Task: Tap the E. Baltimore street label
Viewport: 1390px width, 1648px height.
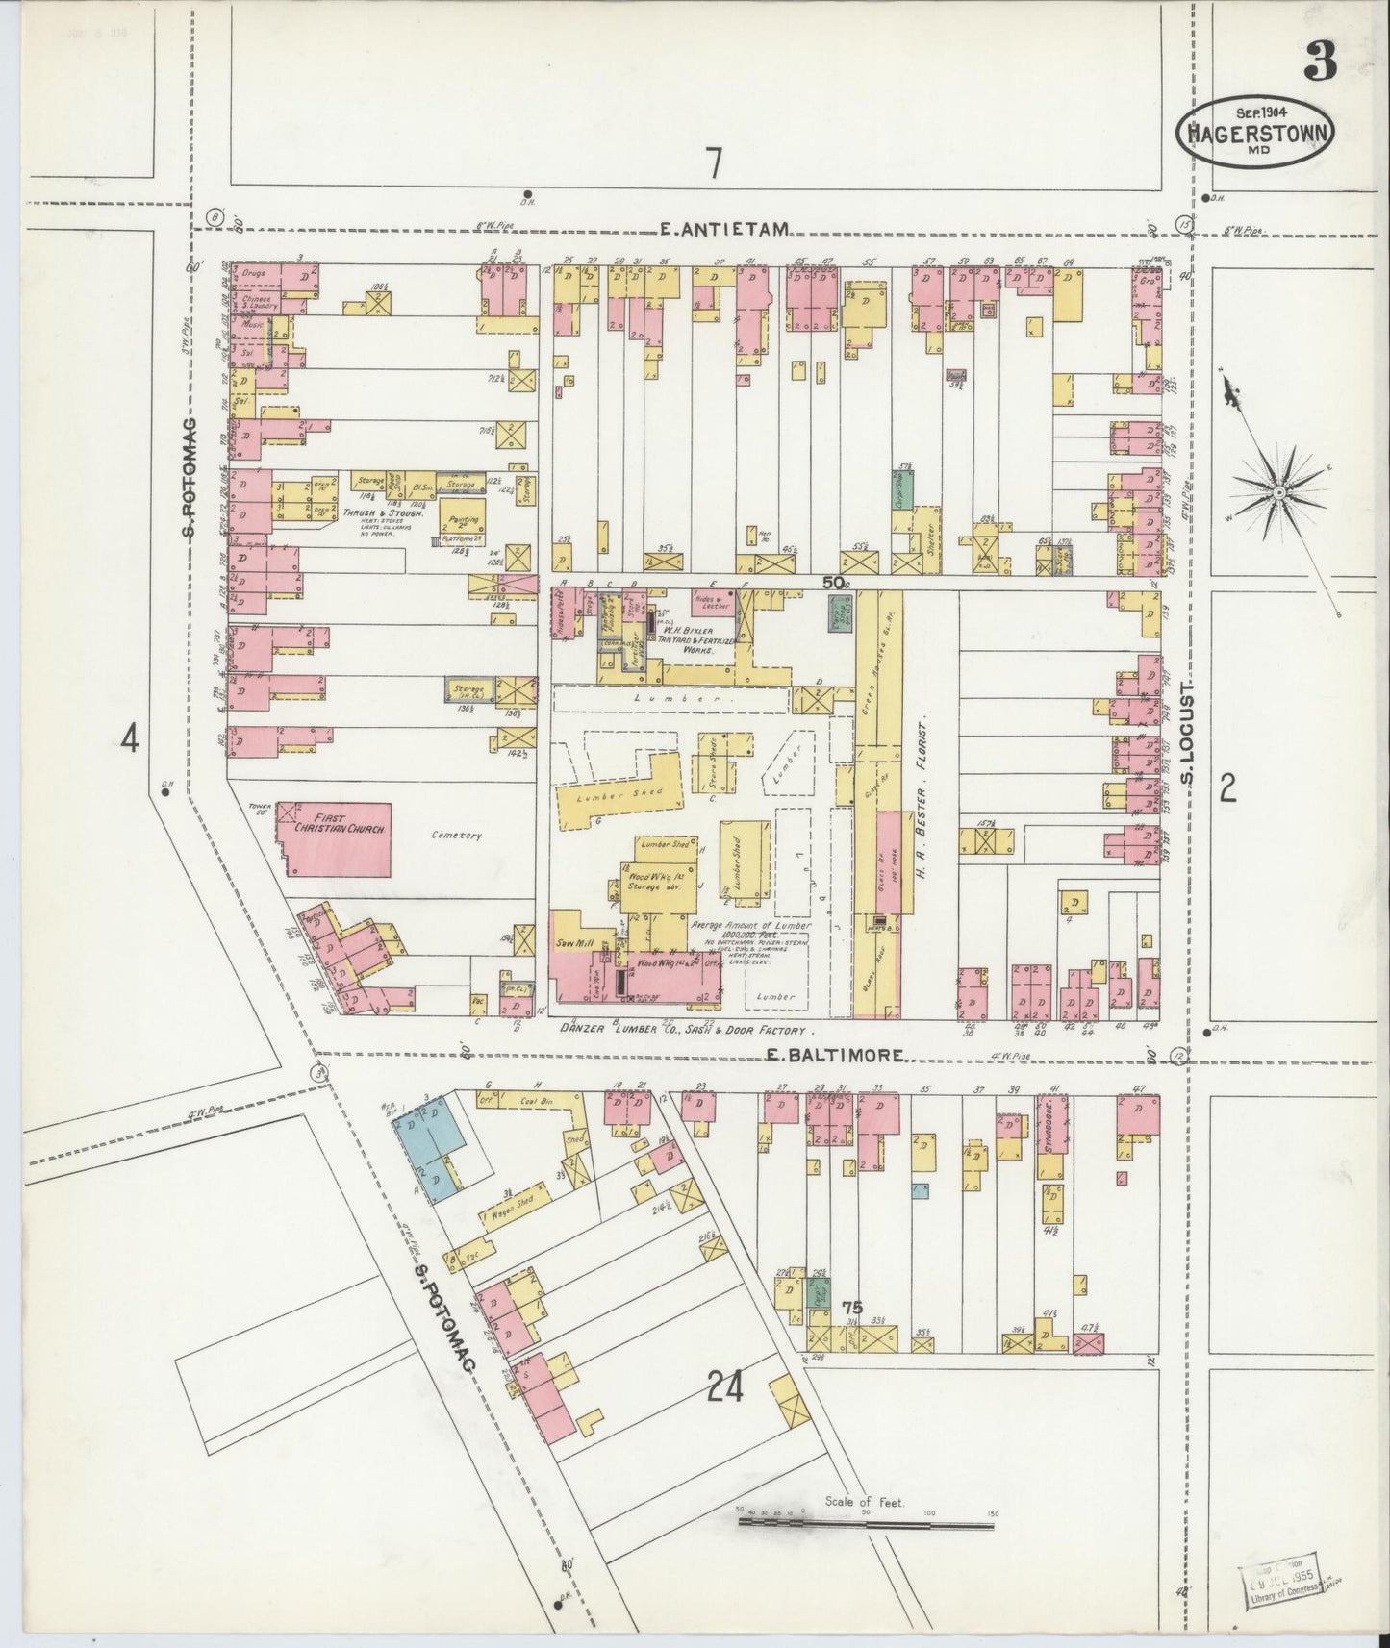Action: click(834, 1055)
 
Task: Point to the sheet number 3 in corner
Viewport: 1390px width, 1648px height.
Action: click(1319, 65)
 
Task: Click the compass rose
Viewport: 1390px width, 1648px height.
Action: click(1278, 491)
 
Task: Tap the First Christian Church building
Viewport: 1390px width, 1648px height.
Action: click(334, 839)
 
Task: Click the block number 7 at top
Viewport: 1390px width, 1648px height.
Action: click(713, 164)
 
